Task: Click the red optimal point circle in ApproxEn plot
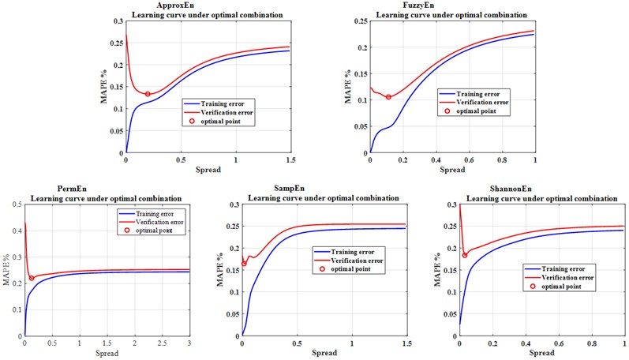pos(148,94)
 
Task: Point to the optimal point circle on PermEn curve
pos(32,278)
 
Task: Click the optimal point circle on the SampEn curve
pos(244,263)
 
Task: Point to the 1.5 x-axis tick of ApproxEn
pos(290,160)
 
